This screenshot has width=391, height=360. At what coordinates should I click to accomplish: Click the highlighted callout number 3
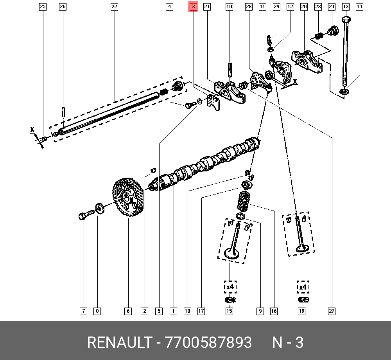tap(193, 7)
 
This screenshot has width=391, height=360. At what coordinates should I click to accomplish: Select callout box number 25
tap(43, 7)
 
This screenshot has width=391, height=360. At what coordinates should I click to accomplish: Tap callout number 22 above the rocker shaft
tap(114, 7)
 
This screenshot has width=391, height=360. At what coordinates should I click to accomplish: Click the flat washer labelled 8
tap(99, 208)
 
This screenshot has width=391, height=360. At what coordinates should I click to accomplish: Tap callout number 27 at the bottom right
tap(332, 311)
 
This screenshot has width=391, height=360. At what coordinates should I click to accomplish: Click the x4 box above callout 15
tap(230, 287)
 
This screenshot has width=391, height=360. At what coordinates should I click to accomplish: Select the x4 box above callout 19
tap(302, 287)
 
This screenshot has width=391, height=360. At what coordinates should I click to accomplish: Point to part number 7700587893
tap(209, 343)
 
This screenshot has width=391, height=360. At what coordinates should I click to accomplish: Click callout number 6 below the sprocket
tap(128, 311)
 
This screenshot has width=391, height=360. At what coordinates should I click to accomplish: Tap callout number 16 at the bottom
tap(274, 311)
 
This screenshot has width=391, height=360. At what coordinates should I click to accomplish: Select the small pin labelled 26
tap(63, 111)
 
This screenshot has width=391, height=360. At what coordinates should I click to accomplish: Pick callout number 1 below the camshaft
tap(173, 311)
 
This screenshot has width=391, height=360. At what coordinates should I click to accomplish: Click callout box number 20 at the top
tap(304, 7)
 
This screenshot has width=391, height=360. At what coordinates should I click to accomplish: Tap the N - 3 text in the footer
tap(288, 343)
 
